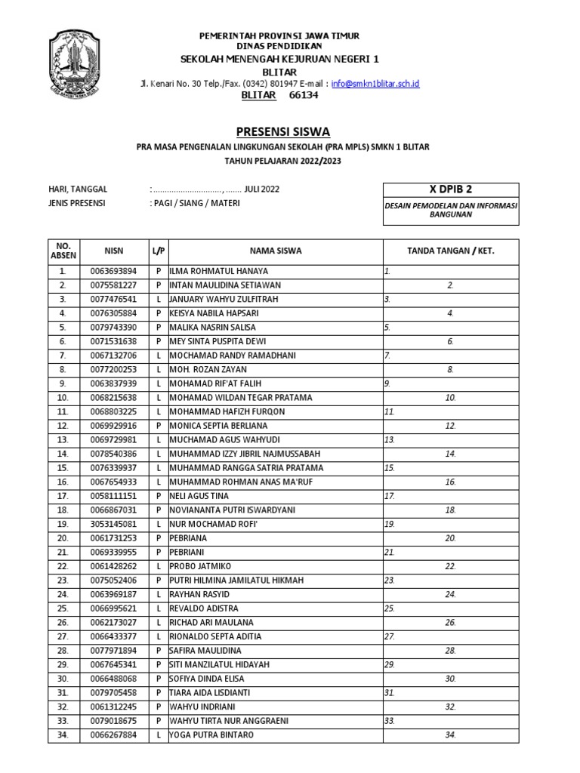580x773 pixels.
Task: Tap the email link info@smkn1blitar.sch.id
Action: pyautogui.click(x=375, y=84)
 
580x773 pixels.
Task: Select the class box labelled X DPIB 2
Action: pyautogui.click(x=451, y=189)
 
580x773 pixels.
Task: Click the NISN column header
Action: pyautogui.click(x=114, y=250)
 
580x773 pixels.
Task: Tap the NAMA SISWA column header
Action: pyautogui.click(x=273, y=250)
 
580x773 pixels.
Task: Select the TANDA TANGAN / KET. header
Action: pyautogui.click(x=451, y=250)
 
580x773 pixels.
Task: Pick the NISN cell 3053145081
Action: pyautogui.click(x=114, y=524)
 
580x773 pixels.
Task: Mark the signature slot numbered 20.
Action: pyautogui.click(x=450, y=538)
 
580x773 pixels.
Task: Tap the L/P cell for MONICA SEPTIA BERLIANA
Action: pyautogui.click(x=159, y=426)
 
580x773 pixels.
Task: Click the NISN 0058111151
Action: pyautogui.click(x=114, y=496)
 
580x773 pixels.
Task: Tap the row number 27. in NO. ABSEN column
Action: pyautogui.click(x=63, y=636)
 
